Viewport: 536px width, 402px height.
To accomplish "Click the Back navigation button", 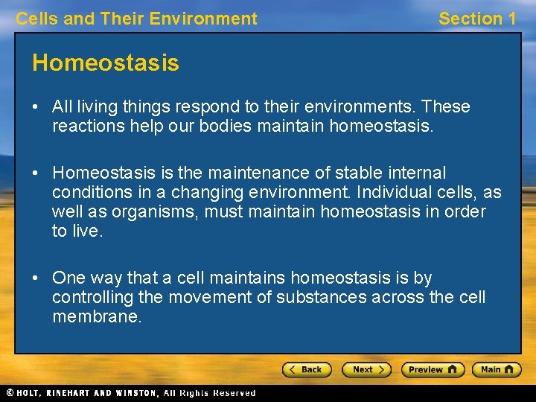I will (307, 369).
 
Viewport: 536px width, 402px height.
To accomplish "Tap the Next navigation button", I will (366, 369).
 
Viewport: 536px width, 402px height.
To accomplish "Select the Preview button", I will (433, 369).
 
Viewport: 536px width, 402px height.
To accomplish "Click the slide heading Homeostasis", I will (106, 63).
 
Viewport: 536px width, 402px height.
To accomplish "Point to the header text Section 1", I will (477, 19).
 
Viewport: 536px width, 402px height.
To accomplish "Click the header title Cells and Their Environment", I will (137, 19).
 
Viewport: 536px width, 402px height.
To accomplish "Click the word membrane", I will (96, 317).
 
